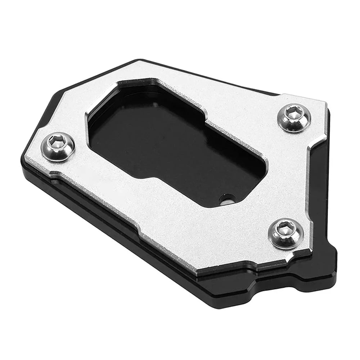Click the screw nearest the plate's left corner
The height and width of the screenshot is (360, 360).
[x=59, y=147]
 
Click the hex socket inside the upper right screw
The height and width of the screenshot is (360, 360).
[x=292, y=112]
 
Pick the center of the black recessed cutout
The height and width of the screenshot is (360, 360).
[x=169, y=144]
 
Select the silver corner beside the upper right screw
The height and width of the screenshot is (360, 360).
[x=317, y=104]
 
